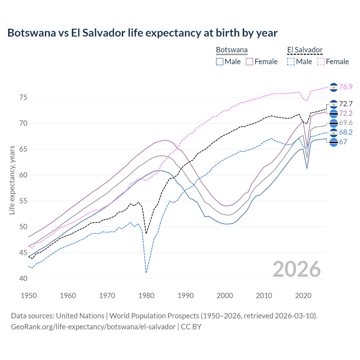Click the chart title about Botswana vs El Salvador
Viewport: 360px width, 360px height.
142,33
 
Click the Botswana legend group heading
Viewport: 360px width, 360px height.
232,50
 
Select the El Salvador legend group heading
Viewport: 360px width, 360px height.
305,50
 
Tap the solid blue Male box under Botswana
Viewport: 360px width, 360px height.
220,62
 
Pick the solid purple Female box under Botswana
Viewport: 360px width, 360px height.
249,62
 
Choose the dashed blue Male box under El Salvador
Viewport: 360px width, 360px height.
291,62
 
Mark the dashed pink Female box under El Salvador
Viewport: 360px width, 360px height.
321,62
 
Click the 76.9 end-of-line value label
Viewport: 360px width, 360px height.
346,87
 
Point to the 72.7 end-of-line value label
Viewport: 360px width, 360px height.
346,104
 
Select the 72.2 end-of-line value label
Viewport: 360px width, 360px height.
346,113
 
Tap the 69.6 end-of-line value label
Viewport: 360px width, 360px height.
346,123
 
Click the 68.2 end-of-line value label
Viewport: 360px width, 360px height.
346,132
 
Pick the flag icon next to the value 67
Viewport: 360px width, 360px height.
334,143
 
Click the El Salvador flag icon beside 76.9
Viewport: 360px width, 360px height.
334,87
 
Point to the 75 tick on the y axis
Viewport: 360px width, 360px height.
23,98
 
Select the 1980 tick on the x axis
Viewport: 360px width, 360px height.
147,296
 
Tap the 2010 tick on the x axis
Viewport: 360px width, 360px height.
264,296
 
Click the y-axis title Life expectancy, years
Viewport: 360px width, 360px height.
12,180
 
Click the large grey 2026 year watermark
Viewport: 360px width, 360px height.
296,269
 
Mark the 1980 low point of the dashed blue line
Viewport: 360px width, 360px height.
146,273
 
